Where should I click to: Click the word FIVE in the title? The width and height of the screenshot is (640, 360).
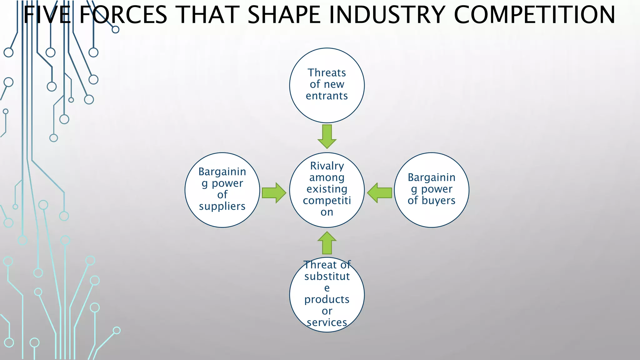click(47, 15)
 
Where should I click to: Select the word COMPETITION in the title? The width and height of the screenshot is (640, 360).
click(534, 15)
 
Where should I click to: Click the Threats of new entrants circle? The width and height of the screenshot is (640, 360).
click(327, 85)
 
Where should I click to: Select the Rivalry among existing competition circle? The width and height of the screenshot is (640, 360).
click(327, 190)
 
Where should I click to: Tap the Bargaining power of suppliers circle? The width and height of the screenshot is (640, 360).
click(222, 190)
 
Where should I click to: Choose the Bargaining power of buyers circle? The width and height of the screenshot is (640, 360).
click(432, 190)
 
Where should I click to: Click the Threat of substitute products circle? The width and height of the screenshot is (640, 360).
click(327, 294)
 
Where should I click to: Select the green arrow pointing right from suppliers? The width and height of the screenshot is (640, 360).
click(274, 193)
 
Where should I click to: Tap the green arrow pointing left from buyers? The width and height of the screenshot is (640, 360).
click(380, 193)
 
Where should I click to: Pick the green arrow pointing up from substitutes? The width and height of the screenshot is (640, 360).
click(327, 243)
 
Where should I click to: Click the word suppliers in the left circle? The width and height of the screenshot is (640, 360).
click(222, 206)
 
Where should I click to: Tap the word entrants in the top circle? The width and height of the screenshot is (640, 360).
click(327, 96)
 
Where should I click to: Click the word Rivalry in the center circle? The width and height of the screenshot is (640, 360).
click(327, 166)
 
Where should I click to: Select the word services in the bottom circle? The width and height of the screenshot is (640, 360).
click(327, 322)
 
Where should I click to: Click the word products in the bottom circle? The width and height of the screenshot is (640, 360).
click(327, 299)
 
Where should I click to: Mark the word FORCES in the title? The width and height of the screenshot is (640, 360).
click(123, 15)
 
